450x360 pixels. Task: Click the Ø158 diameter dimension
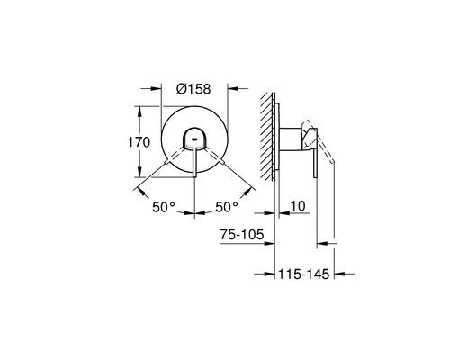[194, 90]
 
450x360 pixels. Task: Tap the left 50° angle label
[165, 208]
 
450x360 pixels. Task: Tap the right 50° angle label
[225, 208]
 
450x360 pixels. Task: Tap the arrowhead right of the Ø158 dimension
[232, 89]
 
